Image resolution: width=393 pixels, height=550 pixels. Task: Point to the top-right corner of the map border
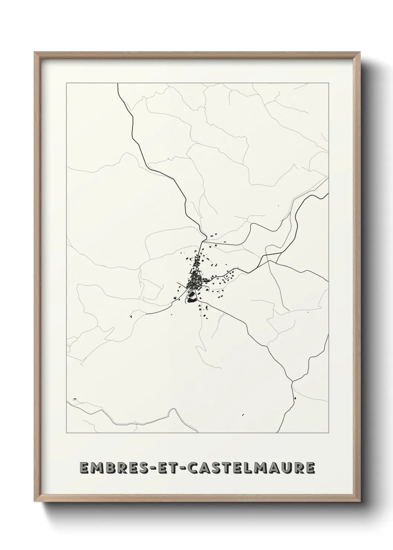328,83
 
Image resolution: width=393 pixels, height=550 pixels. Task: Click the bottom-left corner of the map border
66,433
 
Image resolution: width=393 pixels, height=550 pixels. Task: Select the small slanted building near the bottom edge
243,414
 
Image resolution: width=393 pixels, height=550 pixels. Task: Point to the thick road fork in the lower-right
293,381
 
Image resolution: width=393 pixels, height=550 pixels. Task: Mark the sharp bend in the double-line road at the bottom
170,410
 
